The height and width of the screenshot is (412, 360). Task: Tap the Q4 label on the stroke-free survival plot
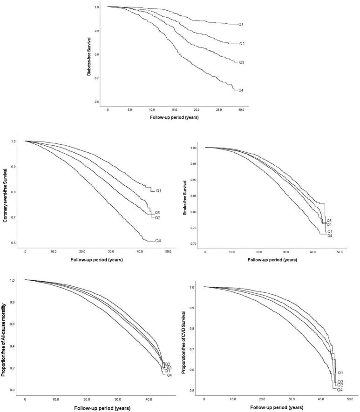[x=329, y=236]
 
